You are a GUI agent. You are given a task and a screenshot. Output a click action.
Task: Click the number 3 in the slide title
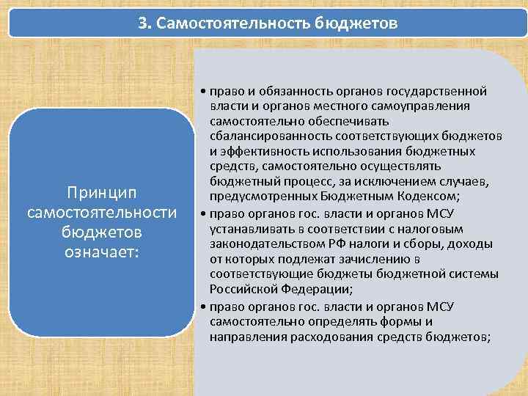(x=142, y=23)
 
